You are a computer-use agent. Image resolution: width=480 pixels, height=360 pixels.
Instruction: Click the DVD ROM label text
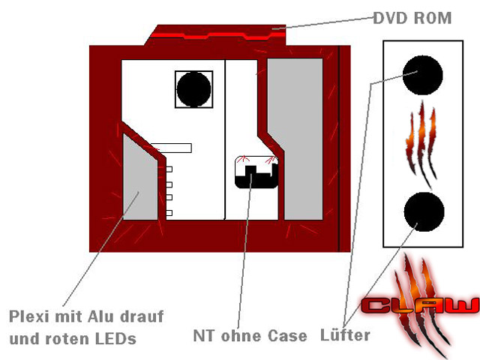tap(412, 18)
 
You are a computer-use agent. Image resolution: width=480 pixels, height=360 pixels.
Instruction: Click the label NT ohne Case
tap(250, 335)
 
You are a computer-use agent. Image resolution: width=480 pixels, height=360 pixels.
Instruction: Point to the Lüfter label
tap(345, 334)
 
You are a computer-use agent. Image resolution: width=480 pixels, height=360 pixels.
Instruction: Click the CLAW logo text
tap(420, 305)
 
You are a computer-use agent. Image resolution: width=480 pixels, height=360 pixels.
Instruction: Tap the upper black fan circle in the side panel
tap(422, 75)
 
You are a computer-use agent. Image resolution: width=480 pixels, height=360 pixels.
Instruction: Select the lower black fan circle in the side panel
tap(424, 211)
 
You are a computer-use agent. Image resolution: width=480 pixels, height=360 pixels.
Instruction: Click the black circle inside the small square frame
tap(193, 89)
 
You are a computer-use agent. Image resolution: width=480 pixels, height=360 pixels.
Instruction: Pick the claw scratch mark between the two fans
tap(421, 144)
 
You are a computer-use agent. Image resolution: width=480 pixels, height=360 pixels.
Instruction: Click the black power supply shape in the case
tap(256, 177)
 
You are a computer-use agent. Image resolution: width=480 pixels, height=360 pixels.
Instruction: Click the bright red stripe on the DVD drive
tap(218, 36)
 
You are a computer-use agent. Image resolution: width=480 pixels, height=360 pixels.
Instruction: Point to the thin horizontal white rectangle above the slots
tap(172, 148)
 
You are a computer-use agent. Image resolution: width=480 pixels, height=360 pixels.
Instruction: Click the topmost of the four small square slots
tap(169, 169)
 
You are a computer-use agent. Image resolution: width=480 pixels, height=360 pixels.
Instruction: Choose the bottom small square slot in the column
tap(169, 213)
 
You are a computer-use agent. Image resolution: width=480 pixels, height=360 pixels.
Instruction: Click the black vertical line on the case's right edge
tap(339, 148)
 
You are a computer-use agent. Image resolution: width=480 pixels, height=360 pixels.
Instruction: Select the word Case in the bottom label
tap(287, 336)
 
